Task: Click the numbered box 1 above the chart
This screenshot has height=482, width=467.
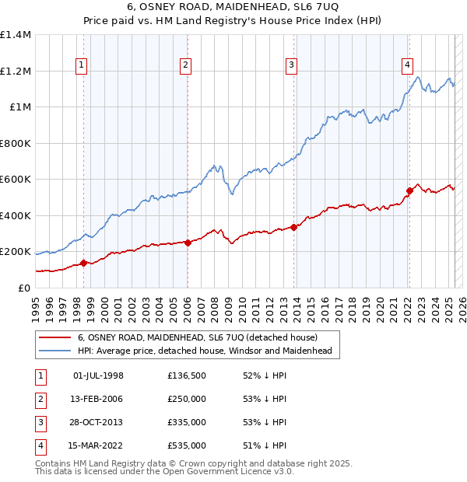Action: (83, 65)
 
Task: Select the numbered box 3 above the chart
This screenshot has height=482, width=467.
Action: (290, 65)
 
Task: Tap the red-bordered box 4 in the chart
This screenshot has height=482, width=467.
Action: (407, 65)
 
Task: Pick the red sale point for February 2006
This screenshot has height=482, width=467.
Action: (188, 243)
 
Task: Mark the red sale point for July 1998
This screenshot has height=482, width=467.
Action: (83, 263)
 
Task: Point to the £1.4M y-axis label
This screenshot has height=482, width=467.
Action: (16, 35)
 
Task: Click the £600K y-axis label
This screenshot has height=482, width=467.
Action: (16, 180)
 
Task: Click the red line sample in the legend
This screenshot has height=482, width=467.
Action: (54, 338)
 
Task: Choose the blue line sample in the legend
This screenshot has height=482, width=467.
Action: (54, 351)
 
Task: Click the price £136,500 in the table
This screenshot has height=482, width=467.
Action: (187, 375)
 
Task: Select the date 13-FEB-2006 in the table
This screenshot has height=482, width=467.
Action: (98, 399)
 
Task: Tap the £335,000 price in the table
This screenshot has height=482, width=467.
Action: (187, 422)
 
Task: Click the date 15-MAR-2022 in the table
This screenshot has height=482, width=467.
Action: (98, 445)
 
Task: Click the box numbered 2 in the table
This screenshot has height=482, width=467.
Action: (40, 399)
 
